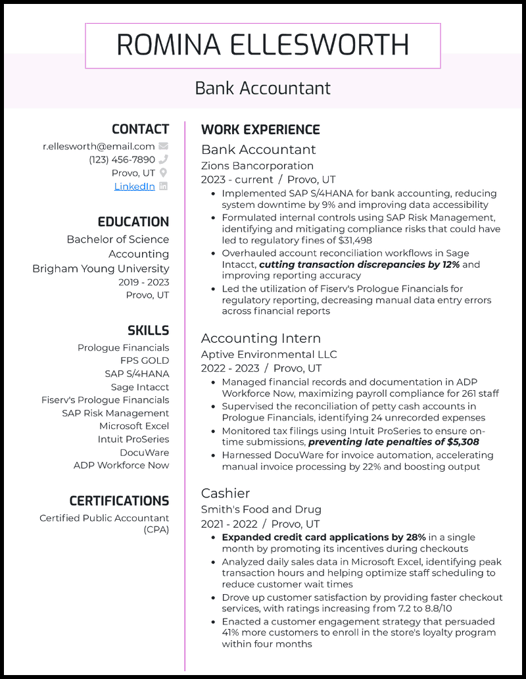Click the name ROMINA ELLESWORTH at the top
tap(263, 45)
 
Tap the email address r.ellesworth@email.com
tap(99, 147)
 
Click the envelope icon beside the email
tap(164, 146)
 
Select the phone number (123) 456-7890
tap(122, 160)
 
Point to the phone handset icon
tap(164, 159)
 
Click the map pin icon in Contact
tap(164, 173)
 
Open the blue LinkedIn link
tap(134, 186)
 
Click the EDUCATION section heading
tap(133, 222)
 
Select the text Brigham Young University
tap(101, 268)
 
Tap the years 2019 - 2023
tap(144, 282)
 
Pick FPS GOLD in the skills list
tap(145, 361)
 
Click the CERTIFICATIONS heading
tap(119, 501)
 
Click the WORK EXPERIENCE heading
tap(260, 130)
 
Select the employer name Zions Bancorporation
tap(257, 166)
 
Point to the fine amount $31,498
tap(351, 240)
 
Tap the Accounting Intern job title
tap(260, 338)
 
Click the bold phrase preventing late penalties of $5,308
tap(393, 442)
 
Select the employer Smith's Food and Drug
tap(261, 509)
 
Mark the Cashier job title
tap(226, 493)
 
